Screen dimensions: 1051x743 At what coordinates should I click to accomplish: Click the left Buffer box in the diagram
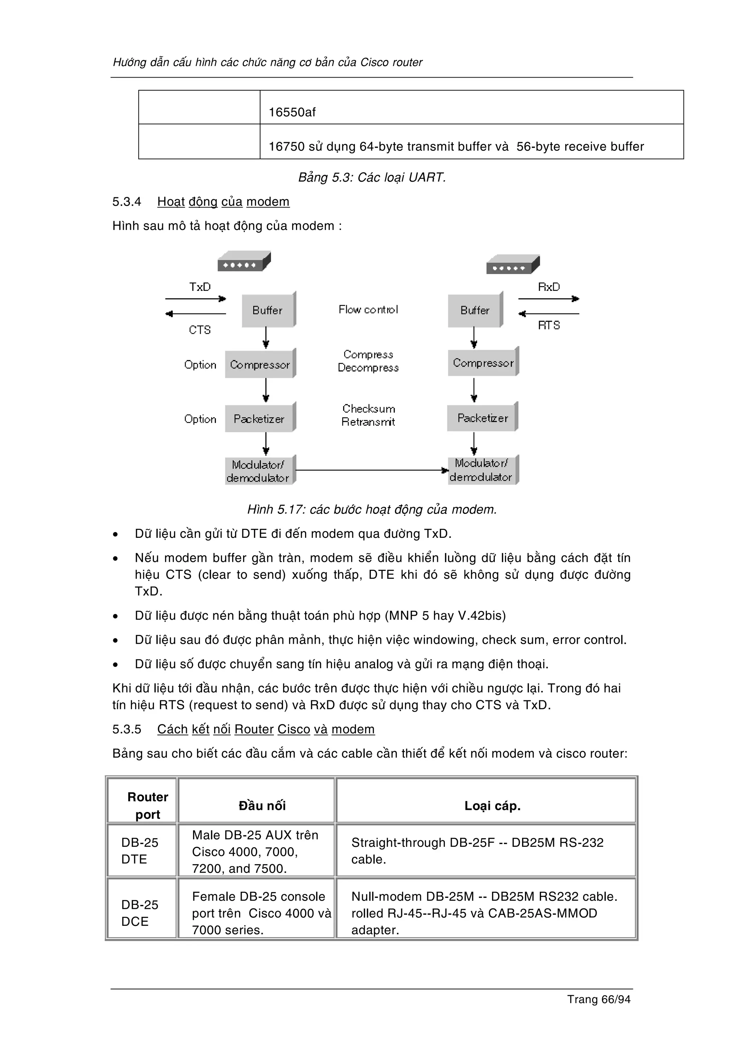(268, 310)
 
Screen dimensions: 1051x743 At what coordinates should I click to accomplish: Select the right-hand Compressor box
(483, 363)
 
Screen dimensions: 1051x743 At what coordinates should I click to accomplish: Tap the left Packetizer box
(259, 419)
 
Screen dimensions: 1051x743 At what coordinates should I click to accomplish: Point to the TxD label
(200, 287)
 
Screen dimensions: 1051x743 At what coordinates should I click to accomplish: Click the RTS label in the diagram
(549, 325)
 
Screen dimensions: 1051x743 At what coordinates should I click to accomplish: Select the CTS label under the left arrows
(200, 330)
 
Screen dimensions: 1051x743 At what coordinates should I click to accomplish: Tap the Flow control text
(368, 309)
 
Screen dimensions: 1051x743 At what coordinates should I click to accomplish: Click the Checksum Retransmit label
(368, 415)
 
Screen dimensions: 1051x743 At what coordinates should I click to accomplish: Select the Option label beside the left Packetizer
(200, 419)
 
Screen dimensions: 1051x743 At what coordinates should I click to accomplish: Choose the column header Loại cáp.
(492, 805)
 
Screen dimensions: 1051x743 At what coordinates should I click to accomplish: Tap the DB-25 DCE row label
(140, 913)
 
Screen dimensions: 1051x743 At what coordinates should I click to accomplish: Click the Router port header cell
(147, 805)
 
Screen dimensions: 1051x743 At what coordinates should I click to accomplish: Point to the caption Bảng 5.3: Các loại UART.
(372, 177)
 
